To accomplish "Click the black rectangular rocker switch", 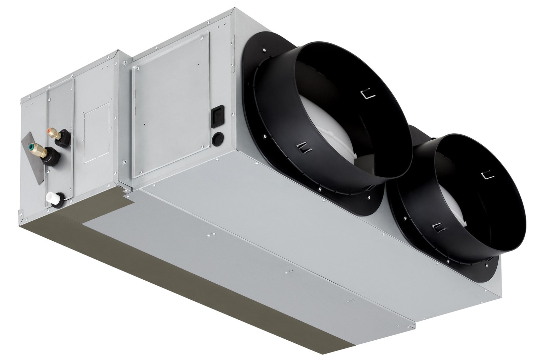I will click(217, 117).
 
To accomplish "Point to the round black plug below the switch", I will click(217, 139).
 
